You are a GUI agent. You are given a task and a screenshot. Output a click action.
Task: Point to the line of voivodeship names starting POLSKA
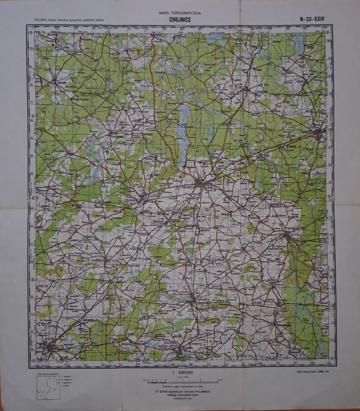(x=72, y=20)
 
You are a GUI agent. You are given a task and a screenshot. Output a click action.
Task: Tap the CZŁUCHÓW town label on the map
(x=132, y=199)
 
